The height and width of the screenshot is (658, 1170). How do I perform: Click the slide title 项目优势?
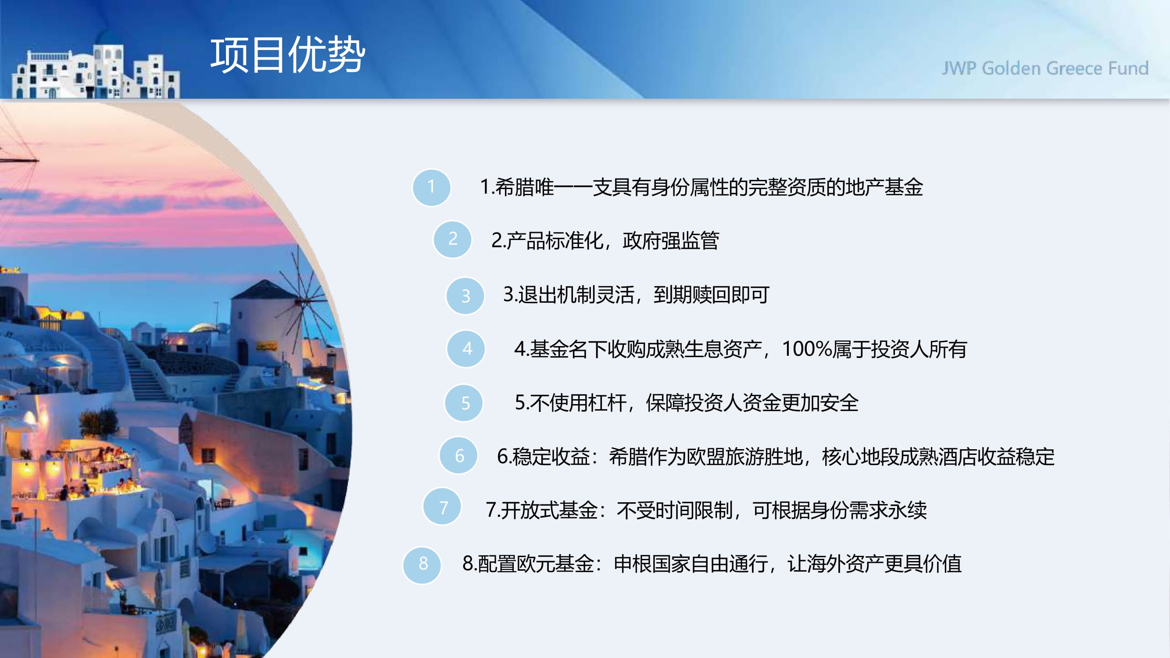[x=287, y=55]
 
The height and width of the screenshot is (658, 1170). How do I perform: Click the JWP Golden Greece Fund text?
[x=1045, y=68]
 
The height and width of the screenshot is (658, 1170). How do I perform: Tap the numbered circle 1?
[x=432, y=187]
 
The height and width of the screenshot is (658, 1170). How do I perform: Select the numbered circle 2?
[x=452, y=240]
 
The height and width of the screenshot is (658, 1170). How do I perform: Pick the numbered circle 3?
[x=465, y=296]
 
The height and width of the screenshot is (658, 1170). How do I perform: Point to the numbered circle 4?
[x=466, y=348]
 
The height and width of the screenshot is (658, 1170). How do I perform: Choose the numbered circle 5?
[x=464, y=403]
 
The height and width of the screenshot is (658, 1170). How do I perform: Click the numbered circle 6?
[x=459, y=455]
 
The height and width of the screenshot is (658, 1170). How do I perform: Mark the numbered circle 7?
[x=442, y=507]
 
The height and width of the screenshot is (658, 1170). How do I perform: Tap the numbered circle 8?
[x=422, y=565]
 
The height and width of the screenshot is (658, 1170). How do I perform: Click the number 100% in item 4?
[x=807, y=349]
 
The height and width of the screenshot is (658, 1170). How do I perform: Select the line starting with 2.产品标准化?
[x=605, y=240]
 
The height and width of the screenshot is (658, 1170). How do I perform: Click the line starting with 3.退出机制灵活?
[x=636, y=295]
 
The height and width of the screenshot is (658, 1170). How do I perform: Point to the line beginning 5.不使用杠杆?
[x=687, y=403]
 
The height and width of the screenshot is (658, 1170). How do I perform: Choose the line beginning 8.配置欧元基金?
[x=712, y=564]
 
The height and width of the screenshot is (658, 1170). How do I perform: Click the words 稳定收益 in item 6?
[x=551, y=456]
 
